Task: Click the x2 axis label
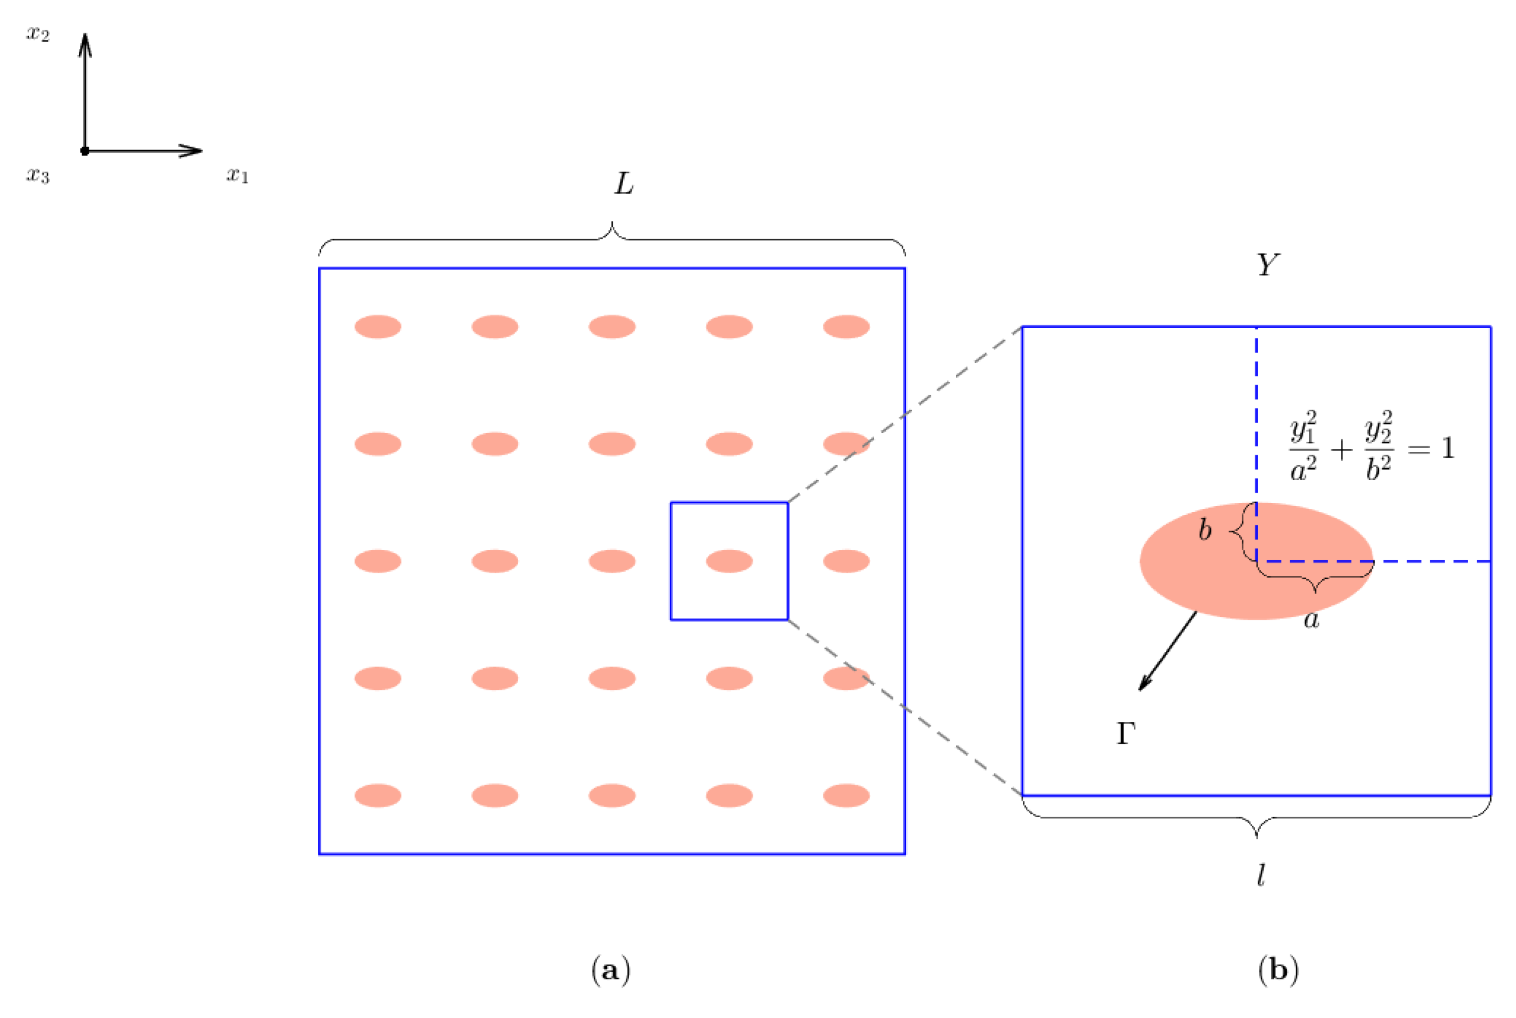tap(38, 34)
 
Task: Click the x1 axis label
tap(237, 175)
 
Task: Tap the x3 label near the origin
tap(38, 175)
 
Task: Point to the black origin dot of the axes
tap(85, 151)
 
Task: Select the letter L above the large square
tap(624, 184)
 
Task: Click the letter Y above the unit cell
tap(1267, 265)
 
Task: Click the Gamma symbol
tap(1126, 734)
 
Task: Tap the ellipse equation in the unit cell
tap(1371, 446)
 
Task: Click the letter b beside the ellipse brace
tap(1204, 531)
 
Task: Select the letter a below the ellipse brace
tap(1312, 620)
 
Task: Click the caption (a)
tap(611, 971)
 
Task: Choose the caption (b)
tap(1278, 971)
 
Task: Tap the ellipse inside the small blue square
tap(729, 561)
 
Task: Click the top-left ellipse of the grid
tap(378, 326)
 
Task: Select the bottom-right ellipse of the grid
tap(846, 795)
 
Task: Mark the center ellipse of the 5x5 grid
tap(612, 561)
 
